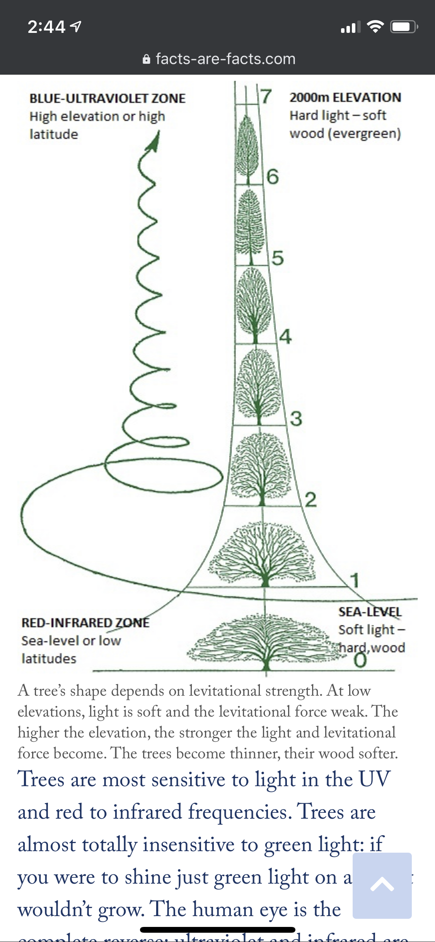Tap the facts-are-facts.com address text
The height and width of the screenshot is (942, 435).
pyautogui.click(x=225, y=59)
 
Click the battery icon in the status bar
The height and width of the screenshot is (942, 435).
pyautogui.click(x=404, y=27)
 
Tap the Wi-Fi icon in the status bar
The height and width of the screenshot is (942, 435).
pyautogui.click(x=375, y=26)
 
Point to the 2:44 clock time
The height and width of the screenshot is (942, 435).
pyautogui.click(x=46, y=27)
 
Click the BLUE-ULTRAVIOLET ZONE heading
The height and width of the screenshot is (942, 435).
pyautogui.click(x=107, y=99)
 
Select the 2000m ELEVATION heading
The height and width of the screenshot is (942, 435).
pyautogui.click(x=345, y=97)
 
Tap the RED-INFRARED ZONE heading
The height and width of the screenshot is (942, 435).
pyautogui.click(x=85, y=623)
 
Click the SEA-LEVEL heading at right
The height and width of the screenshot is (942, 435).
pyautogui.click(x=370, y=612)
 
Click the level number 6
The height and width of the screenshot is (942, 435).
pyautogui.click(x=273, y=177)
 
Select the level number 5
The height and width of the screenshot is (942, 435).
pyautogui.click(x=278, y=258)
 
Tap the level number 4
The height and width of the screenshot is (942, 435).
pyautogui.click(x=285, y=336)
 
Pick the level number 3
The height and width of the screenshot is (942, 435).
pyautogui.click(x=296, y=419)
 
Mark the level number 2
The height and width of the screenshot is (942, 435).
pyautogui.click(x=310, y=500)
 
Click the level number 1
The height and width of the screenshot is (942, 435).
pyautogui.click(x=354, y=580)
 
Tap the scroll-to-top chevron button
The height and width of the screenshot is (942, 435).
pyautogui.click(x=382, y=885)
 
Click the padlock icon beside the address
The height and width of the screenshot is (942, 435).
pyautogui.click(x=147, y=60)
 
